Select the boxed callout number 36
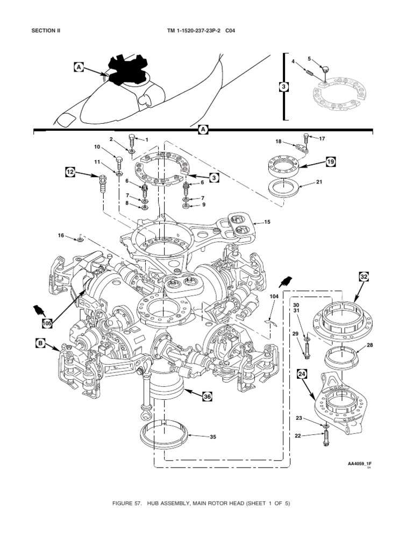click(x=206, y=397)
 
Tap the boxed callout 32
click(x=364, y=277)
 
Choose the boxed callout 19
click(x=330, y=161)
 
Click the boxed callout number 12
click(x=70, y=172)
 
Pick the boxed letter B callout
click(x=40, y=342)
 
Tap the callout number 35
click(x=212, y=437)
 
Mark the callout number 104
click(x=274, y=296)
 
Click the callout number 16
click(x=61, y=235)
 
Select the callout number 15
click(x=267, y=222)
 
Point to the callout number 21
click(x=319, y=182)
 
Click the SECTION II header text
click(x=46, y=31)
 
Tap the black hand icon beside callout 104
click(x=286, y=282)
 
